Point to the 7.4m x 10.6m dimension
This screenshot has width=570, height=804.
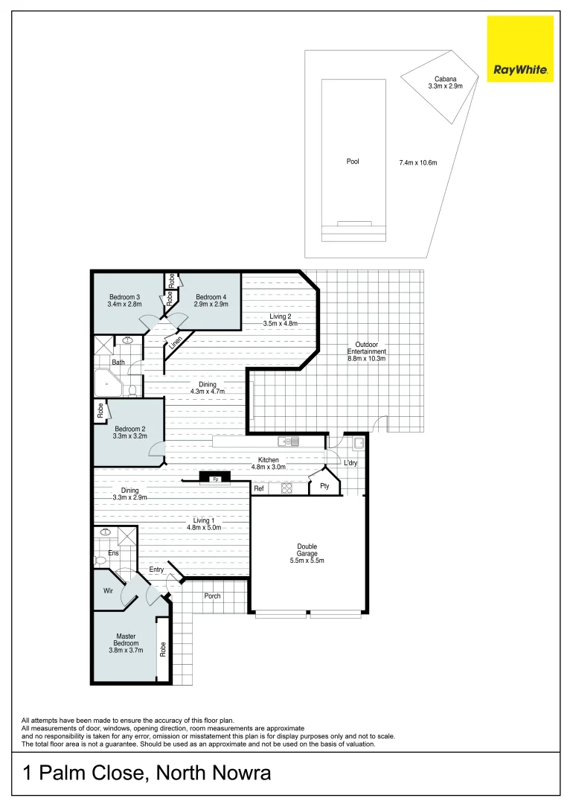coord(417,162)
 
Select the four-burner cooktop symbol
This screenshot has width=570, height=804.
coord(287,489)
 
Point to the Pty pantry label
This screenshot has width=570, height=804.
coord(324,486)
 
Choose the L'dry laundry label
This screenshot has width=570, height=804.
coord(350,463)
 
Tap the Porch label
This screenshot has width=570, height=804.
coord(213,596)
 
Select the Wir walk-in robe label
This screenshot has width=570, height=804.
coord(108,591)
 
